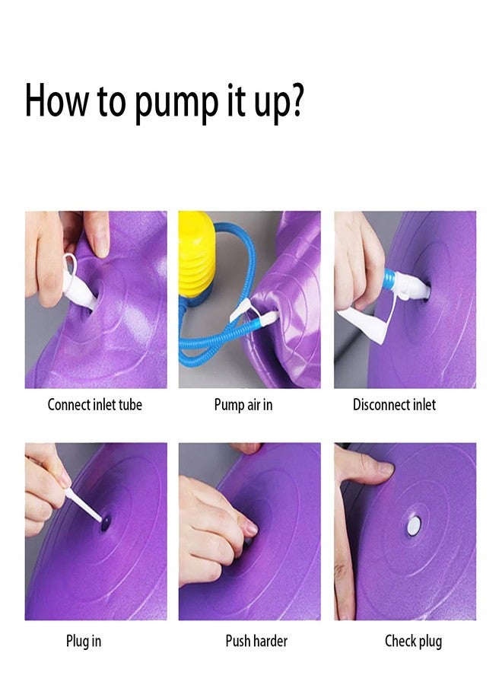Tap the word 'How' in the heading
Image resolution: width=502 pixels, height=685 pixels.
point(56,100)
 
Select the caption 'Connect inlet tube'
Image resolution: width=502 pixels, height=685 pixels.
point(95,405)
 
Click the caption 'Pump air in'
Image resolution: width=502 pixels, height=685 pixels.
point(243,405)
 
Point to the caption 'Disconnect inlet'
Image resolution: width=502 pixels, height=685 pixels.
point(394,405)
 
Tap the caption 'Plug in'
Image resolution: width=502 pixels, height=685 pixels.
point(84,642)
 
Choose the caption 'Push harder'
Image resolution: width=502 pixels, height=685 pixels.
point(256,641)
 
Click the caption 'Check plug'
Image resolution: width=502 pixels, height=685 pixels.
point(413,642)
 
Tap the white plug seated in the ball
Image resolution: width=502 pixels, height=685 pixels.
point(414,525)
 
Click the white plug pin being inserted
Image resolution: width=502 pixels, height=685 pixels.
point(84,506)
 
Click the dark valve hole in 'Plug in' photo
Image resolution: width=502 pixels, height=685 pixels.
point(106,523)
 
